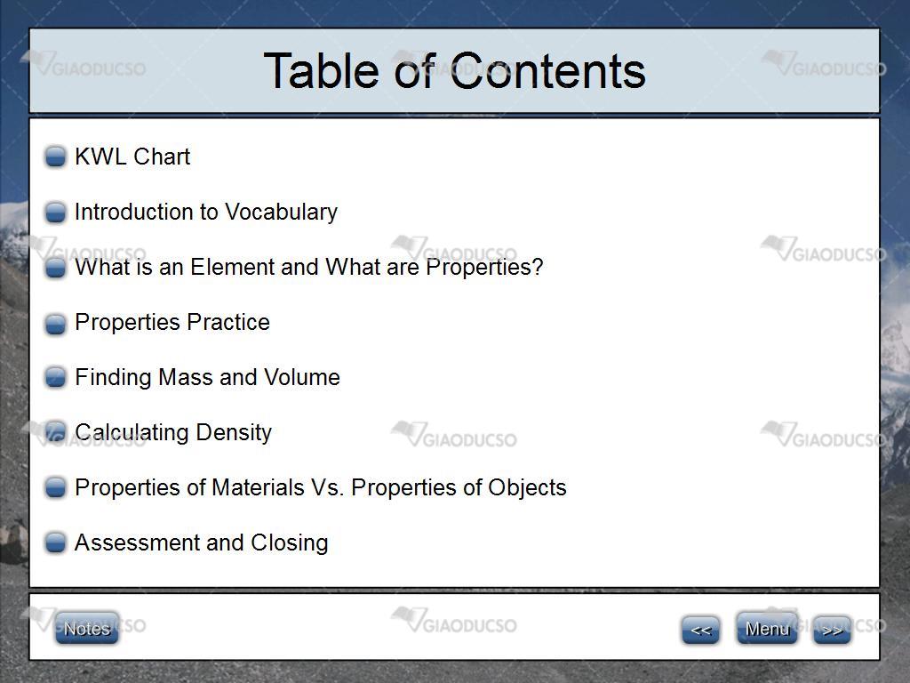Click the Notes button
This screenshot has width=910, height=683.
point(87,628)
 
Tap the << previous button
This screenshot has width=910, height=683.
point(700,630)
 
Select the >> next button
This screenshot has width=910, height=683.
point(832,630)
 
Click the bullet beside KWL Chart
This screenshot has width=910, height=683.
point(56,157)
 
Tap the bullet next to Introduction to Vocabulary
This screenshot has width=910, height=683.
point(56,212)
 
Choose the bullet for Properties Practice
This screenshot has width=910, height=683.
point(56,324)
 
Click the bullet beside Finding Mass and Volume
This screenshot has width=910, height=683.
point(56,377)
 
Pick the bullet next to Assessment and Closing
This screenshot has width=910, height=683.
point(56,542)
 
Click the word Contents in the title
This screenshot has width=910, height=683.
point(547,71)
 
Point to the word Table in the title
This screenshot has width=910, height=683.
point(322,71)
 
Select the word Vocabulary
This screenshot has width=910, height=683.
point(281,212)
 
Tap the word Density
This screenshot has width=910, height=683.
point(234,433)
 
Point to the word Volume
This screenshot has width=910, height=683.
point(302,377)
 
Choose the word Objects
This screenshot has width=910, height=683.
point(527,488)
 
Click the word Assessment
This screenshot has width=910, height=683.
point(137,542)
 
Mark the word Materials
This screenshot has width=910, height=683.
point(259,488)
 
